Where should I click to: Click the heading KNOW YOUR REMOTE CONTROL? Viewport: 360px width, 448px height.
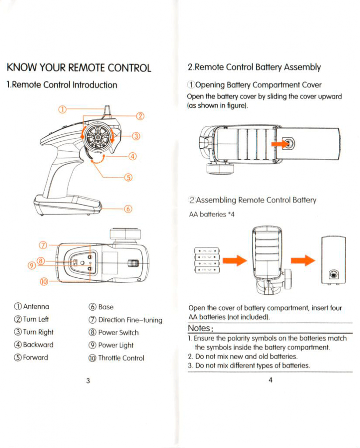click(79, 68)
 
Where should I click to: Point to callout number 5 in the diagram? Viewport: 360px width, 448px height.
click(128, 177)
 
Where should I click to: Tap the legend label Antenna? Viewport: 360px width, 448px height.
click(35, 307)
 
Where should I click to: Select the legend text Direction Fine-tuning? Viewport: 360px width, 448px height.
click(130, 320)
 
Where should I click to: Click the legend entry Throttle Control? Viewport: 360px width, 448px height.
click(121, 358)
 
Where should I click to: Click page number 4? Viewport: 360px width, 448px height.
click(270, 380)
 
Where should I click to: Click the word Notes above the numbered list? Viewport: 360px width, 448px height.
click(200, 328)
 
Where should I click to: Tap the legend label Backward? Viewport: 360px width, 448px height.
click(38, 345)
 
